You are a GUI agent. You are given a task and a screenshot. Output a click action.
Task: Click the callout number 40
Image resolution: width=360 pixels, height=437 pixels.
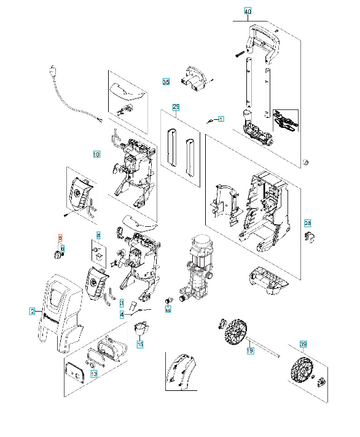point(248,11)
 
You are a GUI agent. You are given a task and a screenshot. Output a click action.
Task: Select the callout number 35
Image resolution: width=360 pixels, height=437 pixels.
point(165,81)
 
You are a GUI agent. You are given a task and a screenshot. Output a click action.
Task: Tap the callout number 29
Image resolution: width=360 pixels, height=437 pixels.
point(176,107)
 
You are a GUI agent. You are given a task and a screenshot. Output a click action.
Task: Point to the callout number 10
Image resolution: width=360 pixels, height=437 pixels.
point(96,154)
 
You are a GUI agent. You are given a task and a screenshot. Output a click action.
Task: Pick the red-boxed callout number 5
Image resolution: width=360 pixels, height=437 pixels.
point(60,237)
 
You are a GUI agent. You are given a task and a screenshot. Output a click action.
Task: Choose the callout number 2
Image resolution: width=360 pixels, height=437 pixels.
point(32,312)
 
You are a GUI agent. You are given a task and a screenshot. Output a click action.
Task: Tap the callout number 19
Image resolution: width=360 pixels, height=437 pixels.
point(249,350)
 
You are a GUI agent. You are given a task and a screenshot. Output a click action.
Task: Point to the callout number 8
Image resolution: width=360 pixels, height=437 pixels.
point(97,235)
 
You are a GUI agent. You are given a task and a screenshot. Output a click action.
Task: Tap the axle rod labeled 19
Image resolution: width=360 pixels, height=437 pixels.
point(264,348)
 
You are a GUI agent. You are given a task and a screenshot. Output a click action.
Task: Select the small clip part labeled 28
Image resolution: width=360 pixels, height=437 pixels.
point(310,237)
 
